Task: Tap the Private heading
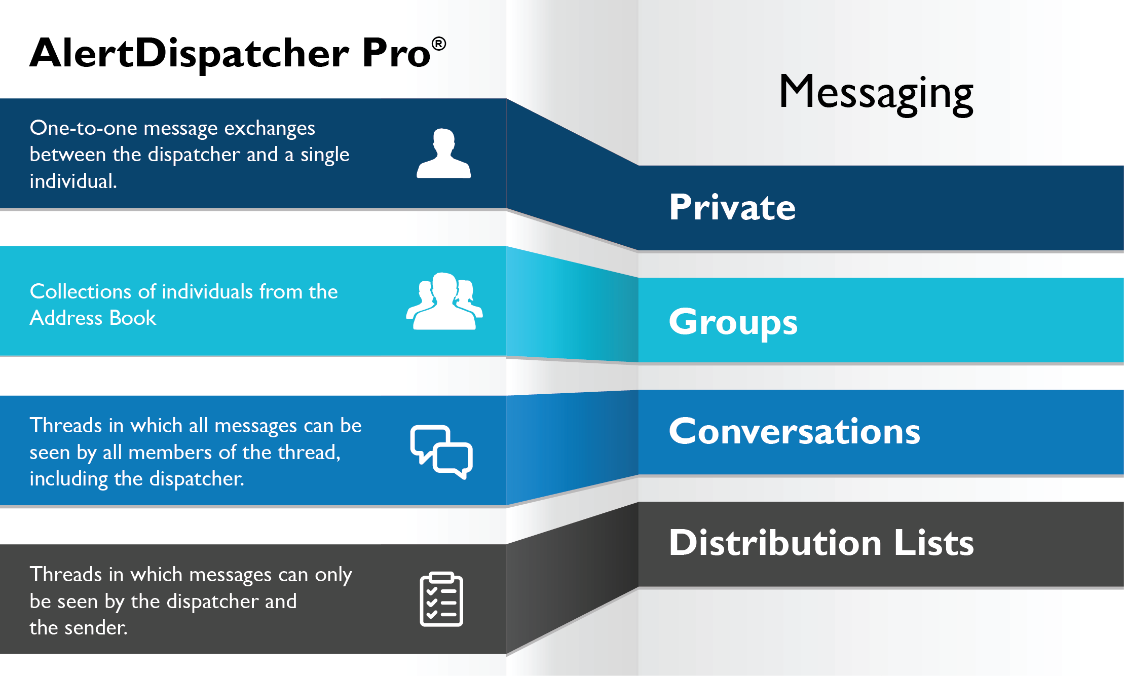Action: pos(732,207)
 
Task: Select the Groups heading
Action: pos(733,322)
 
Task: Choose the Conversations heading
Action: pos(794,431)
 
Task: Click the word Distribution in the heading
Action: pos(775,543)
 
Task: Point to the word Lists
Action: pos(933,543)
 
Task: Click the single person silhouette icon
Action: pos(443,153)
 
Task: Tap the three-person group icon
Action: pos(444,302)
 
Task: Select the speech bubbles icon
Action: pos(441,452)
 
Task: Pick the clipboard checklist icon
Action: pos(441,599)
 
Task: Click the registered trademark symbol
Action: pos(439,44)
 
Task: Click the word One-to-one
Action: pos(83,128)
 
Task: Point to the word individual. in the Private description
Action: pos(73,181)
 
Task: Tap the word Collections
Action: pos(81,292)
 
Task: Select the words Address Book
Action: pos(93,318)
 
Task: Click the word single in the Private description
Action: pos(324,155)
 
